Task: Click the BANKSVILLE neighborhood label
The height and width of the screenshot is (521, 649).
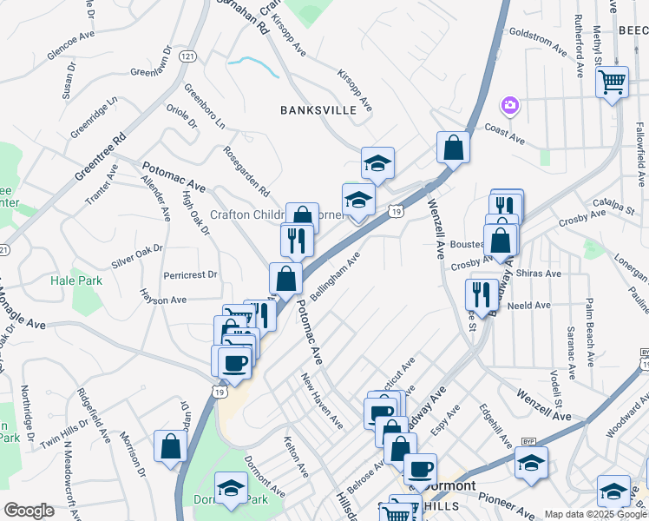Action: tap(318, 110)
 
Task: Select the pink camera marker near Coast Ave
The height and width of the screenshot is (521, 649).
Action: tap(510, 106)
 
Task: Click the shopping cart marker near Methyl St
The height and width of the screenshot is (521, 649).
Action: tap(613, 82)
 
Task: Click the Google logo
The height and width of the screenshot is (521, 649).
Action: tap(29, 511)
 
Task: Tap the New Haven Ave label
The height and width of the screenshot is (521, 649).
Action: tap(321, 400)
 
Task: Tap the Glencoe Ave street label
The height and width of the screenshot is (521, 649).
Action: tap(70, 46)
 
